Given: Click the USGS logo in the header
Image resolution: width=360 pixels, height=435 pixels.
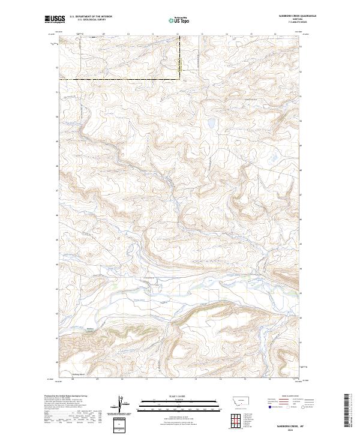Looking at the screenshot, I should coord(55,20).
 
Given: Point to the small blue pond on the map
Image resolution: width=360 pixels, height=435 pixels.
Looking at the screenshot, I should coord(211,124).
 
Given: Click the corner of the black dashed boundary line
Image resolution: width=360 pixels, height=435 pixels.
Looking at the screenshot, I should coord(178,79).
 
